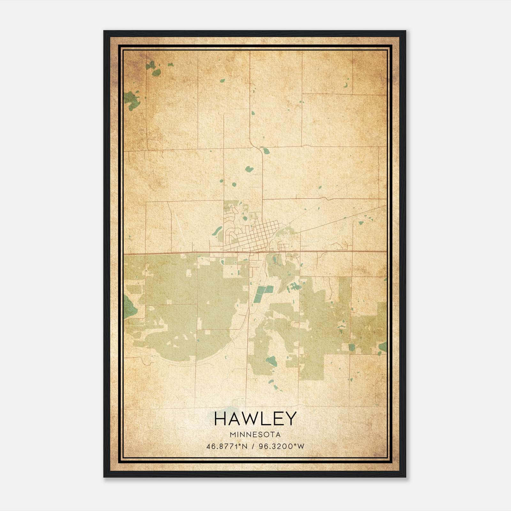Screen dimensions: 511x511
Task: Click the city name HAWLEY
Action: point(255,419)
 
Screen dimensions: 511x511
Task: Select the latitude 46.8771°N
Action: point(227,446)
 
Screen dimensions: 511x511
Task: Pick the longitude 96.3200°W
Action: point(282,446)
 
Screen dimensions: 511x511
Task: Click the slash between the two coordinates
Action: point(253,446)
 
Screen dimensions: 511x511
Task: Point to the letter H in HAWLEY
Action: point(221,419)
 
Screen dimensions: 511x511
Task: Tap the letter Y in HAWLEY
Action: point(291,419)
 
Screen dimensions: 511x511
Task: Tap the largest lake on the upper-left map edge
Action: point(130,100)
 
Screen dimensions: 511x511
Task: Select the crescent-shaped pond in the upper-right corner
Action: point(346,85)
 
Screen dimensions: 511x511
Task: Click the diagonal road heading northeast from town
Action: point(342,220)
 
